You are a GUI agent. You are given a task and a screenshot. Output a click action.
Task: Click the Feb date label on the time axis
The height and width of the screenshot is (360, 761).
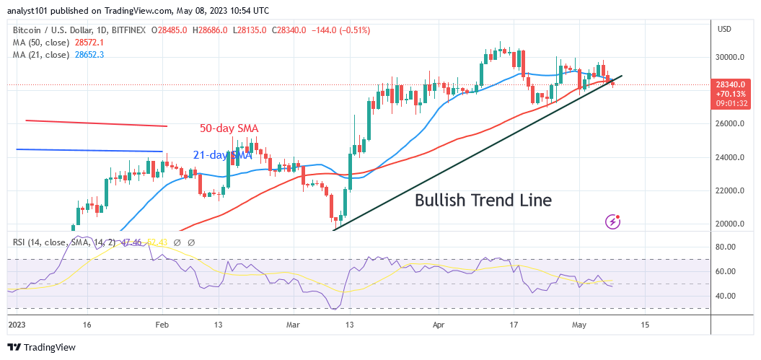162,325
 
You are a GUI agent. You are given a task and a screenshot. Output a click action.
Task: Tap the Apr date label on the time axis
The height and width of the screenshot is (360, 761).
440,325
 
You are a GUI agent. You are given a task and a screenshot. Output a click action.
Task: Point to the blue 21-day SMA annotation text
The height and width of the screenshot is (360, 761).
222,155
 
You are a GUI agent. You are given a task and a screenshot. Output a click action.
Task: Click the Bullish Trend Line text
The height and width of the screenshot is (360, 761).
483,201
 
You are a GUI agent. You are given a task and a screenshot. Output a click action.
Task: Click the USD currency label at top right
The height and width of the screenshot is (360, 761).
724,29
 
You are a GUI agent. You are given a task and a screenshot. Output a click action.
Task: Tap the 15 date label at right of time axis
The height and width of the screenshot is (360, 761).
645,325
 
